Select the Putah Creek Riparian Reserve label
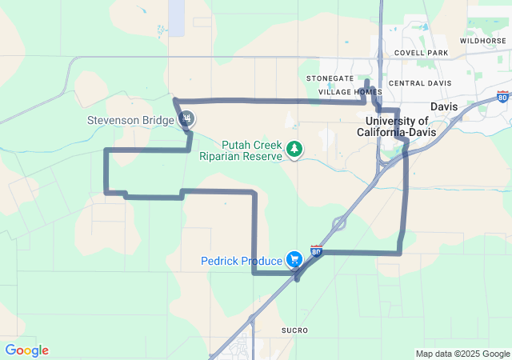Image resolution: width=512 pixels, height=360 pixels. coord(241,150)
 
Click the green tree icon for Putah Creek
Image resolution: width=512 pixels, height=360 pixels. coord(295,149)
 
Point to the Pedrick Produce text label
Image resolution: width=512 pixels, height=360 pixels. coord(242,261)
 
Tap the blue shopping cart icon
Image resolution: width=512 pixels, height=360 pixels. coord(294,259)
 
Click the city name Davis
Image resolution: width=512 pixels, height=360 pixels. coord(443,106)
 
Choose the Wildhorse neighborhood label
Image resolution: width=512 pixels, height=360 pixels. coord(482,40)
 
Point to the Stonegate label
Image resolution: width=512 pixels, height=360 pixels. coord(330,78)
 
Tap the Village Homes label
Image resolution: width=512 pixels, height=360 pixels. coord(350,92)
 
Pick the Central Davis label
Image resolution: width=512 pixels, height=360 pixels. coord(420,83)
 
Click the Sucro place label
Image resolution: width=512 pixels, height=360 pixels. coord(294,330)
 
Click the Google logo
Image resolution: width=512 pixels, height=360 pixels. coord(26,350)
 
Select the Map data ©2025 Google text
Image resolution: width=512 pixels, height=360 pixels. coord(462,354)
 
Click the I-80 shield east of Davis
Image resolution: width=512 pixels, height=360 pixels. coord(502,97)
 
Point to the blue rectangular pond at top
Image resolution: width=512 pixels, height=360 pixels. coord(176,16)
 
